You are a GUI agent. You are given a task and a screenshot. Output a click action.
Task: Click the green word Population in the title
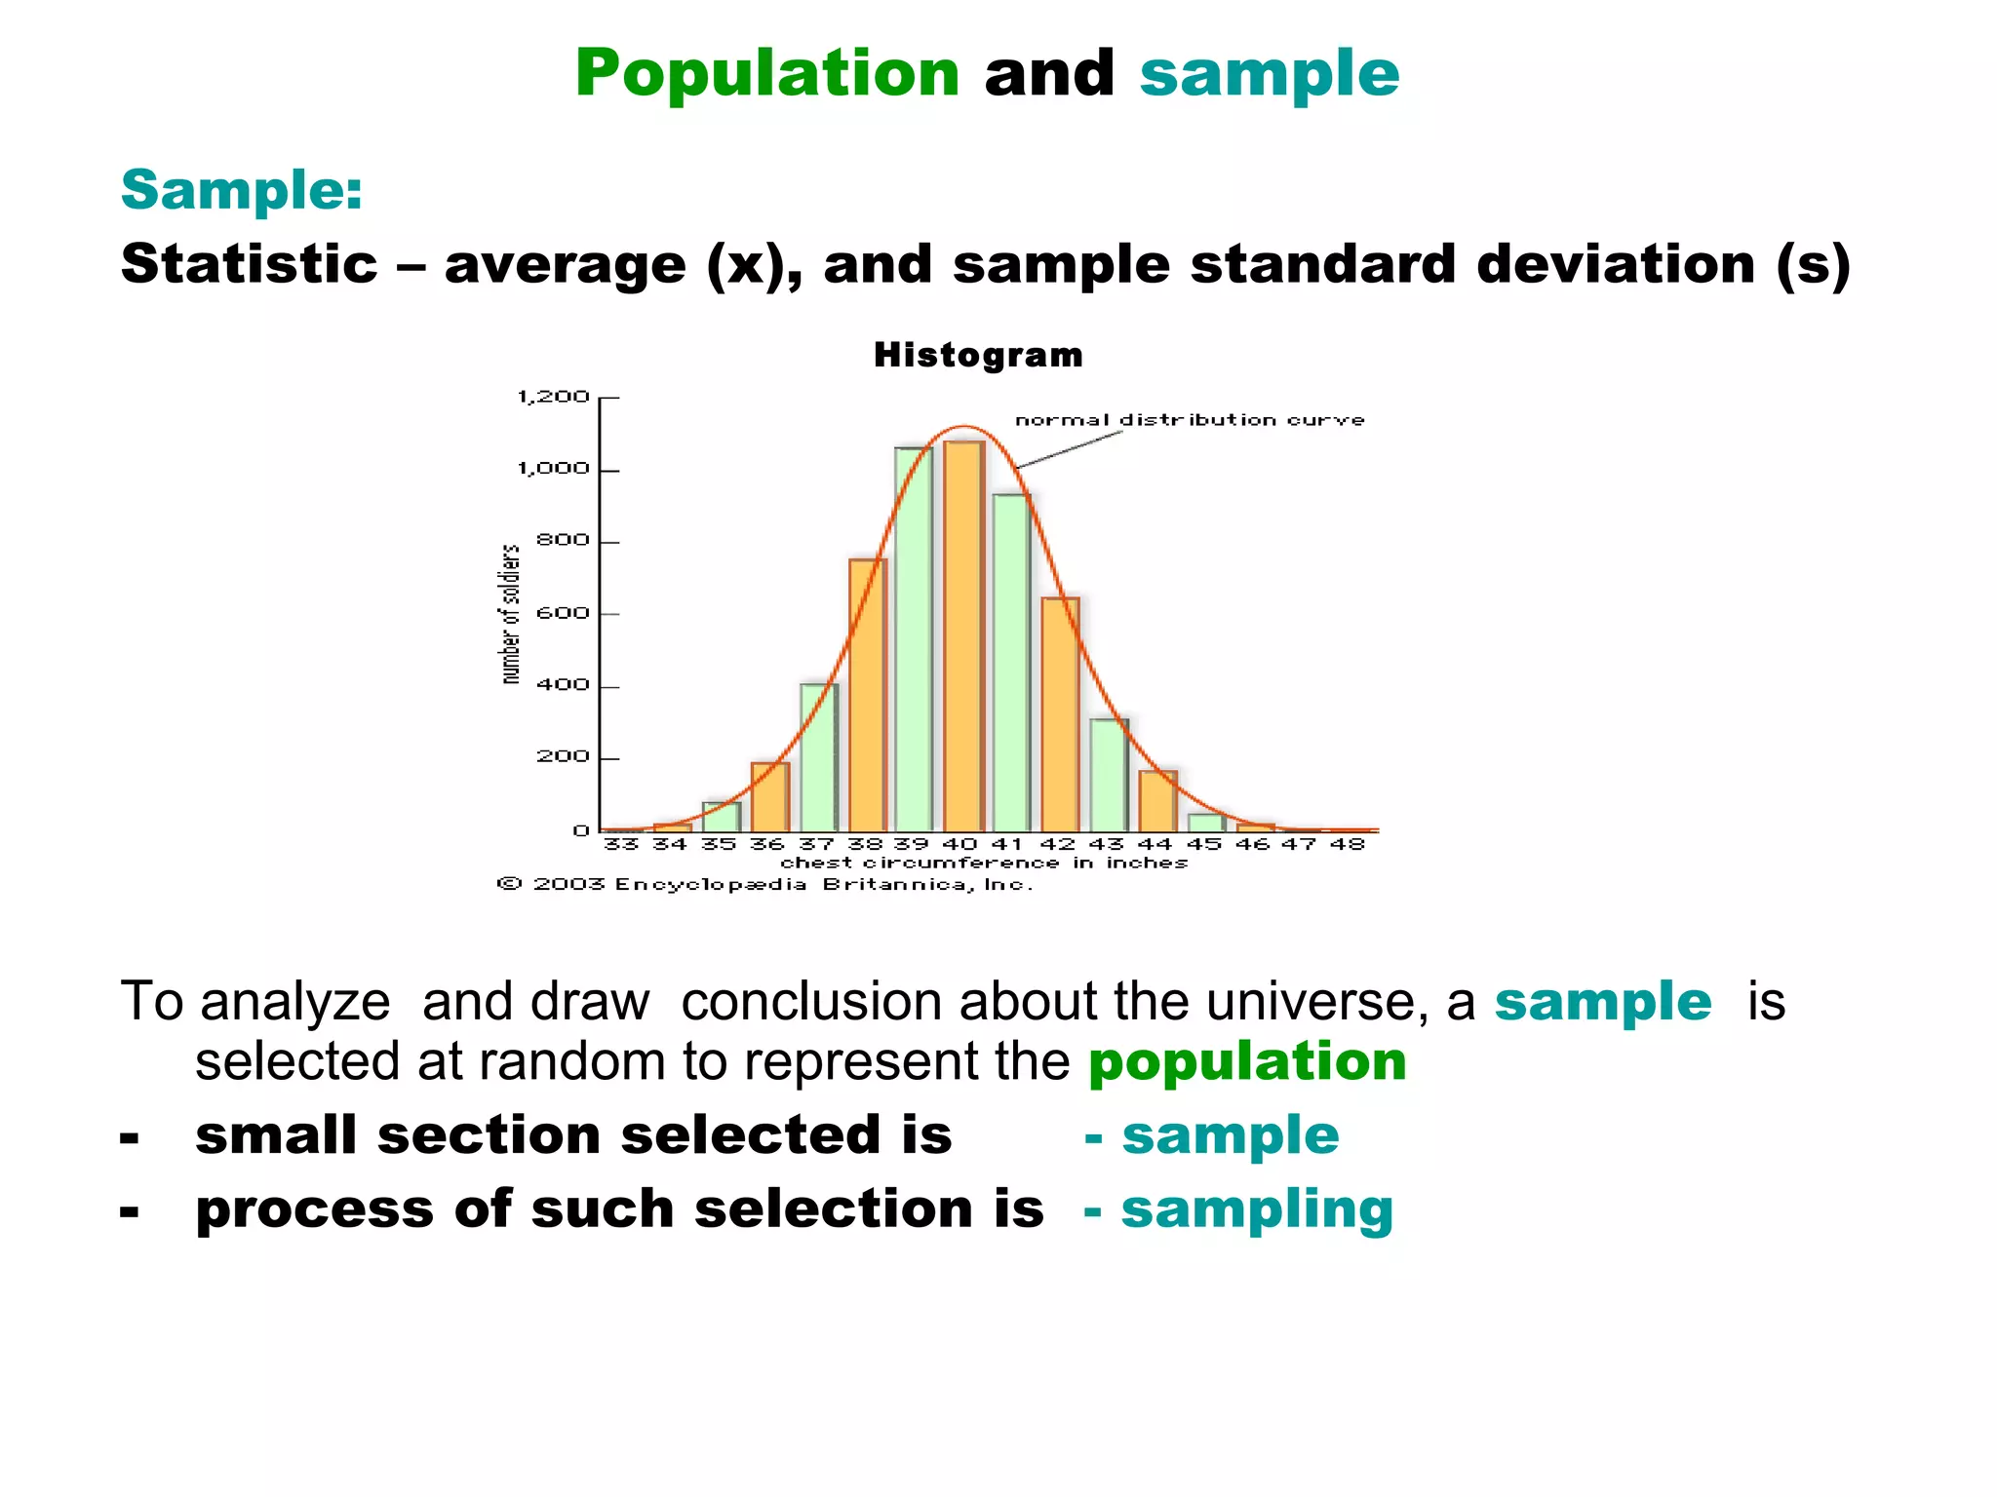767,74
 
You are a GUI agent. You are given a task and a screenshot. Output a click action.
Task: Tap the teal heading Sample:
242,189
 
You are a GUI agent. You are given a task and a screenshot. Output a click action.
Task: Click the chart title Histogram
978,355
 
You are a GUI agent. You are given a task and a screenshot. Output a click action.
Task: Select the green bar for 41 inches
1011,663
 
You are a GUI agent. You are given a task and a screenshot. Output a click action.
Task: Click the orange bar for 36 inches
769,797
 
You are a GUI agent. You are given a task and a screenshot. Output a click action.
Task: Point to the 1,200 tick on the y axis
554,397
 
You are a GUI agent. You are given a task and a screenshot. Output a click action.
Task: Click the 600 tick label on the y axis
564,613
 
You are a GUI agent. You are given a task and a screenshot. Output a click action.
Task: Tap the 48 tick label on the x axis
1348,844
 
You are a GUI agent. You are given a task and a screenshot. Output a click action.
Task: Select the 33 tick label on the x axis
621,844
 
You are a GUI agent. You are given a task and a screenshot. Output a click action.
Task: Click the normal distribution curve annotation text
1190,420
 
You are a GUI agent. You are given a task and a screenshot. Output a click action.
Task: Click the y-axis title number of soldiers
510,614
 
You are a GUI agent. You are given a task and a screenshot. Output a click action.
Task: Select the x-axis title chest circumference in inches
984,864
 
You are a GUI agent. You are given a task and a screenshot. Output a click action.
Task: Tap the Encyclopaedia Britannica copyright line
765,885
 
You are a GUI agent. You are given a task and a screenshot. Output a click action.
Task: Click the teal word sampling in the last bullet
1257,1210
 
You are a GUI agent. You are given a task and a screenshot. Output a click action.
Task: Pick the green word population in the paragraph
1247,1061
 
